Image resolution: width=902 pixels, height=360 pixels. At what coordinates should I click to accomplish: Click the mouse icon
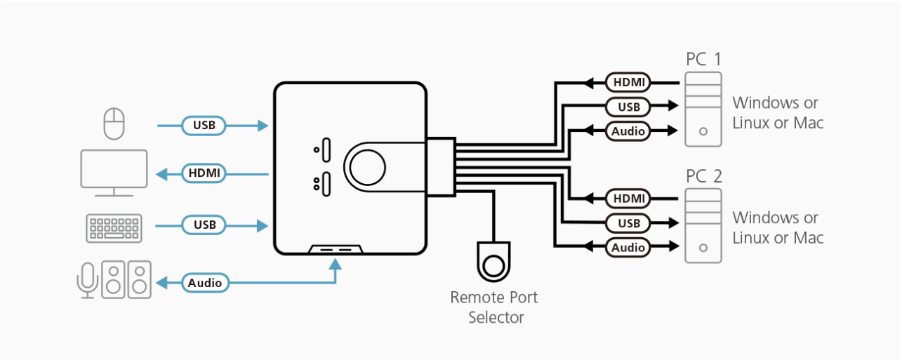(114, 124)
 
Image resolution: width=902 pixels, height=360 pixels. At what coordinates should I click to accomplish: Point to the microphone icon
(87, 280)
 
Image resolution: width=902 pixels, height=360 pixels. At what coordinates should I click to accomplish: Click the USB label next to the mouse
(204, 126)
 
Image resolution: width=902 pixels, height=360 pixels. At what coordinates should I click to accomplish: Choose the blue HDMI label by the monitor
(204, 172)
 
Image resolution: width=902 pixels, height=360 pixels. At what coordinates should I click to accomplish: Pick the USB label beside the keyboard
(204, 225)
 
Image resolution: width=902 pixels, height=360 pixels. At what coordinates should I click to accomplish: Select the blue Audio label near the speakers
(205, 284)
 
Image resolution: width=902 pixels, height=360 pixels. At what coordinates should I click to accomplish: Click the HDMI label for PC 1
(628, 82)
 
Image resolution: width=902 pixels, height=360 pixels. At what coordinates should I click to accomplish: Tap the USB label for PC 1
(628, 107)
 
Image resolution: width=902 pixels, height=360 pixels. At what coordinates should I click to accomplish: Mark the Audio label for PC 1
(628, 131)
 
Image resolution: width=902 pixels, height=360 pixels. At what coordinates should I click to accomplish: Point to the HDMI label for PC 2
(628, 199)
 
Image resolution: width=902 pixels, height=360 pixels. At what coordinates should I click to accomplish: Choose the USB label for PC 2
(628, 223)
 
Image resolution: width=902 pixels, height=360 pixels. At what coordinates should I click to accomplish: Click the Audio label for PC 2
(628, 247)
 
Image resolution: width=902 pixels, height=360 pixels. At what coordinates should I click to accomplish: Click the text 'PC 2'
(703, 175)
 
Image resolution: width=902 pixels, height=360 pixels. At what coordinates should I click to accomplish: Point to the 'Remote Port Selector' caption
(495, 307)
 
